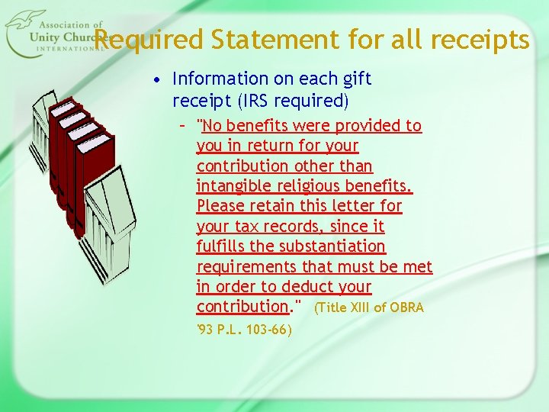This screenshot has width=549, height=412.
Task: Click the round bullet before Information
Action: point(156,79)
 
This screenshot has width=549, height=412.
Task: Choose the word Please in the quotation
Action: point(220,206)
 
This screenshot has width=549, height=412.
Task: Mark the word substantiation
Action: point(338,246)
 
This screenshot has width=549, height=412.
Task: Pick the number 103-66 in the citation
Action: point(267,330)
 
